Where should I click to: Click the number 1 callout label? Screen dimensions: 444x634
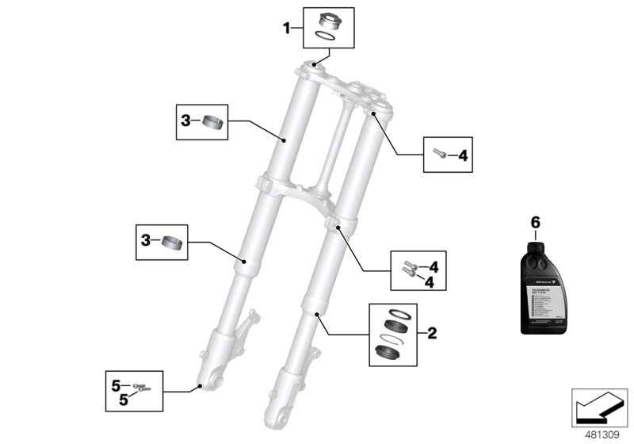(x=287, y=29)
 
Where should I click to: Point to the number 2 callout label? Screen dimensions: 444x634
(x=431, y=334)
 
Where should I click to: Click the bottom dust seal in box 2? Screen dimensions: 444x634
(x=393, y=351)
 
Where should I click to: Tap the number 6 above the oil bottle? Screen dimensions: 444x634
(x=534, y=223)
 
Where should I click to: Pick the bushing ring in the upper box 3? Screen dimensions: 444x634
(x=210, y=121)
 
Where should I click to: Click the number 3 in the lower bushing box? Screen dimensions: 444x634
(x=146, y=239)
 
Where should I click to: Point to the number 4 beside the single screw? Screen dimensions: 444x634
(x=464, y=155)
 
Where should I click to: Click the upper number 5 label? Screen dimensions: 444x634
(x=116, y=386)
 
